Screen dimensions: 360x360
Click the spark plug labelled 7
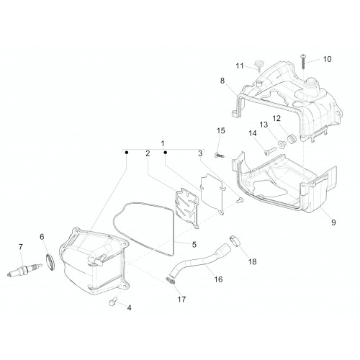(x=24, y=270)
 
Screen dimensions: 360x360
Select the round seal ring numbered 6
(x=50, y=262)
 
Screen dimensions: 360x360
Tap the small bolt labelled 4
(x=112, y=301)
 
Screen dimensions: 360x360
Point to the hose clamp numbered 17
(x=171, y=280)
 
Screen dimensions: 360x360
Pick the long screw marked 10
(x=303, y=62)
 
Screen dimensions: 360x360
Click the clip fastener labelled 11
(x=259, y=66)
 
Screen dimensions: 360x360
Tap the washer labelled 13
(x=281, y=145)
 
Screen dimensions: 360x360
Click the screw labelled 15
(x=220, y=156)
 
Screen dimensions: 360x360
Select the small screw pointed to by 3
(x=240, y=200)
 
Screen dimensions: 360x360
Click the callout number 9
(x=333, y=222)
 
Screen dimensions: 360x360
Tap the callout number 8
(x=222, y=81)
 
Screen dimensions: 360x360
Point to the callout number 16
(x=218, y=279)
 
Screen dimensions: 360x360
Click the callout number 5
(x=194, y=245)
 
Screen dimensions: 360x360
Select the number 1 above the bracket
(x=163, y=143)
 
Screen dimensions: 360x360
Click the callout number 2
(x=148, y=153)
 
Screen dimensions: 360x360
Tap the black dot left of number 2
(x=127, y=153)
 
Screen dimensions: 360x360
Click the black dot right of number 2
(x=165, y=153)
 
